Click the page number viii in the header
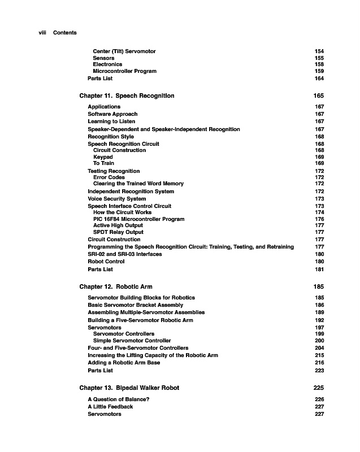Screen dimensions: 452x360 [x=41, y=33]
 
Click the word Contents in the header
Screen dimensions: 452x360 [x=65, y=33]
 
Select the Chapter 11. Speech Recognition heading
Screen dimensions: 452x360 [x=127, y=96]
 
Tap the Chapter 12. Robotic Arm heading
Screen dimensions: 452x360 [x=116, y=287]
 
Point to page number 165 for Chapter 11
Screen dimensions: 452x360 [x=318, y=96]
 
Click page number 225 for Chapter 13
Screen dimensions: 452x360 [x=318, y=388]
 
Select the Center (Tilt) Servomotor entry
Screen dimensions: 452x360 [x=124, y=51]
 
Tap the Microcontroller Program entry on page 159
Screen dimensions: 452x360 [x=124, y=71]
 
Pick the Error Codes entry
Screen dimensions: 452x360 [x=109, y=177]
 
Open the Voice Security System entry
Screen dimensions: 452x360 [x=116, y=199]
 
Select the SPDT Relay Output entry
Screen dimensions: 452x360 [x=118, y=232]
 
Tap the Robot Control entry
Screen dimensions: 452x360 [x=106, y=262]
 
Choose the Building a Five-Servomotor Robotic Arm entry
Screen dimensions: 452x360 [x=140, y=320]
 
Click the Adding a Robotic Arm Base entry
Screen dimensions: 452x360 [x=124, y=363]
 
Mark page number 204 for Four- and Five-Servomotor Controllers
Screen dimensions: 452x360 [x=319, y=348]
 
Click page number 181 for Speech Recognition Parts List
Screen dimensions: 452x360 [x=319, y=270]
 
